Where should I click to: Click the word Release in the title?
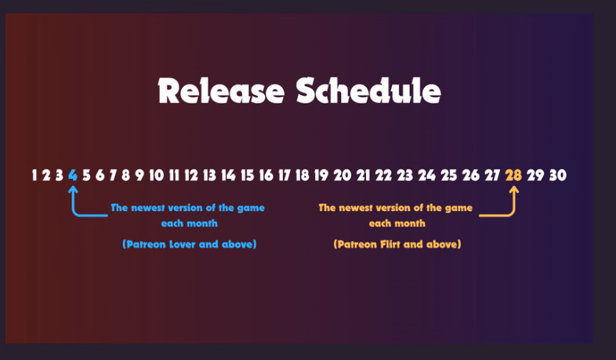point(221,91)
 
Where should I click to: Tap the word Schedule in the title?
point(368,91)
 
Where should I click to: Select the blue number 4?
point(73,175)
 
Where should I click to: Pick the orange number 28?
point(513,175)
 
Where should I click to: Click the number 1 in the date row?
point(34,175)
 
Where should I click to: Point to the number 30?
point(558,175)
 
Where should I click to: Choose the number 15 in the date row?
point(247,175)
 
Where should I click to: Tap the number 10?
point(157,175)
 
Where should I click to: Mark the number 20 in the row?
point(342,175)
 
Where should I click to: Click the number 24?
point(426,175)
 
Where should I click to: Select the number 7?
point(113,175)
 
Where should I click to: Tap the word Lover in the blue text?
point(183,245)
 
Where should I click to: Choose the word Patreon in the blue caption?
point(146,245)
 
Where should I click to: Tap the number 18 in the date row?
point(303,175)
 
